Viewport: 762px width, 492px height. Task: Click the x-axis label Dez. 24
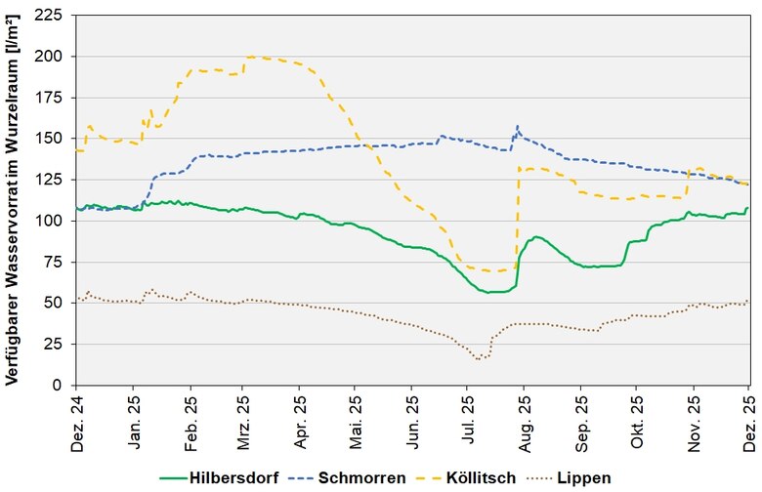[x=77, y=420]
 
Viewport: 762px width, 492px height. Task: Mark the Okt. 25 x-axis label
[x=636, y=420]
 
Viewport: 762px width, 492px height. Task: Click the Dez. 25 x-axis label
[x=748, y=420]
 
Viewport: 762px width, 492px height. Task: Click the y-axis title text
[x=13, y=200]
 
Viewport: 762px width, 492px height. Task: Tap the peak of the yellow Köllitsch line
[x=252, y=57]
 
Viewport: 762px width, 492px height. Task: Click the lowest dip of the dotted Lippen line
[x=479, y=360]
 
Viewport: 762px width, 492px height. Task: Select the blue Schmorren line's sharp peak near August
[x=518, y=126]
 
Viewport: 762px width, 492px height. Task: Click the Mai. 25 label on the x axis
[x=357, y=420]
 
